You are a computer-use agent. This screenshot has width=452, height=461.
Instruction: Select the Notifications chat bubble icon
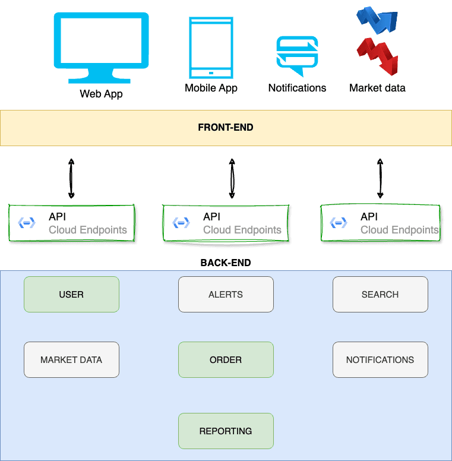297,55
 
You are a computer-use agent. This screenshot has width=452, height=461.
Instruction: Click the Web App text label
101,94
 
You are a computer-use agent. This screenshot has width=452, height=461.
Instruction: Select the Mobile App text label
211,88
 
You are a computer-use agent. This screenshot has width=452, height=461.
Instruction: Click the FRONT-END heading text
226,127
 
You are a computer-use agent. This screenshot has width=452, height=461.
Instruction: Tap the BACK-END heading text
226,263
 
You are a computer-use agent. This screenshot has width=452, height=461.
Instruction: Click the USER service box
71,294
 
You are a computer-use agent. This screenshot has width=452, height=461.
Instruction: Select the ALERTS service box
226,294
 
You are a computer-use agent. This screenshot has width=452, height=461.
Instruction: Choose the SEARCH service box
380,294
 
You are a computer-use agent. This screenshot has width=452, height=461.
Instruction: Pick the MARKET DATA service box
71,359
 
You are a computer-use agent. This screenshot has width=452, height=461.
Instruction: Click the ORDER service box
226,359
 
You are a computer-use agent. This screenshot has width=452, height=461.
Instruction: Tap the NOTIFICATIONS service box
380,359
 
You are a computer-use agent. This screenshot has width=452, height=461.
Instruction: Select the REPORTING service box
226,431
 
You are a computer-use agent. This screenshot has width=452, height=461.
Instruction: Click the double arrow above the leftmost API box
71,178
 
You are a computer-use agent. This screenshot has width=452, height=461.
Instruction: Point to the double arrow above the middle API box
232,178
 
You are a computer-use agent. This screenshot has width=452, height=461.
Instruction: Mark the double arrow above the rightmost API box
380,178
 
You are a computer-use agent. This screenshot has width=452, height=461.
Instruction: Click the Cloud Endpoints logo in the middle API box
181,223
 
